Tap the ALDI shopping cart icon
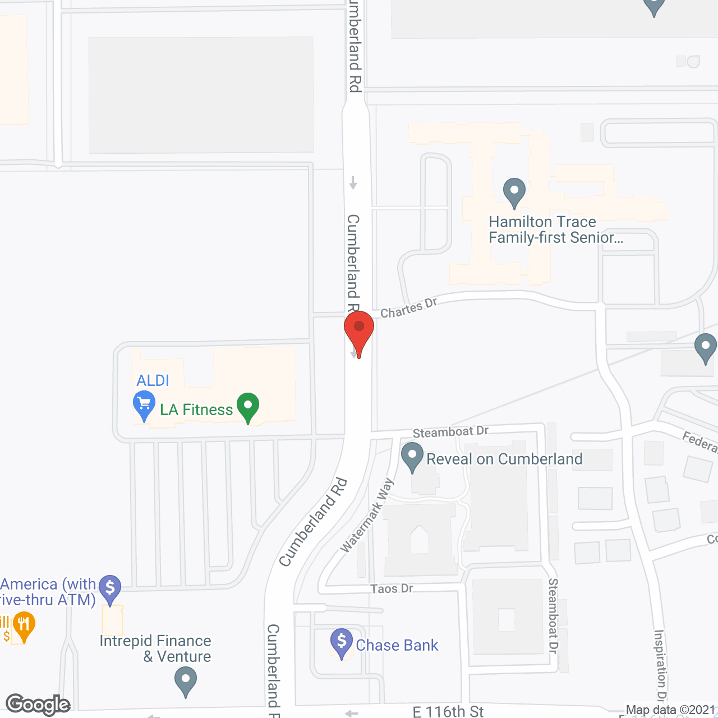point(144,405)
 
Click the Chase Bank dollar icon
point(342,642)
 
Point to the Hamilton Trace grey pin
point(514,192)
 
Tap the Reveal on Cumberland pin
point(412,457)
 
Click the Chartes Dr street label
point(408,308)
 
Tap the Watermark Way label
point(368,515)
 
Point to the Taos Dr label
point(392,589)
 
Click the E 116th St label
point(448,711)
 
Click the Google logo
point(38,705)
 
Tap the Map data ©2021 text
point(671,710)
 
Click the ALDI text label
point(153,381)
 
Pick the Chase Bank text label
point(397,646)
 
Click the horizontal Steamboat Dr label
point(450,432)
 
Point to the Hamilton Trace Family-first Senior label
point(555,230)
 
